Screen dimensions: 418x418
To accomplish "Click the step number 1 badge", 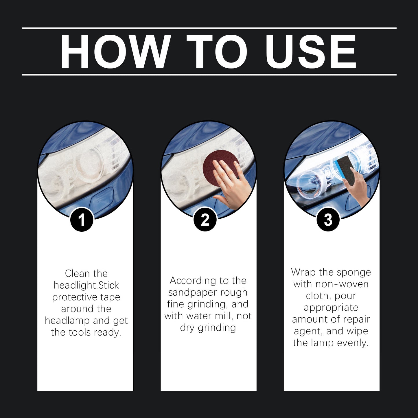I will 82,220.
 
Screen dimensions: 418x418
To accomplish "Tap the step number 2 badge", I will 205,220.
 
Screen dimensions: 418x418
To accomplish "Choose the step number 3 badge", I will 328,220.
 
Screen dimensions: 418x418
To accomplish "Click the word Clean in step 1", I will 76,273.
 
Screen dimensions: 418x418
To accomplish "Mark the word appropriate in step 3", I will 331,308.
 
